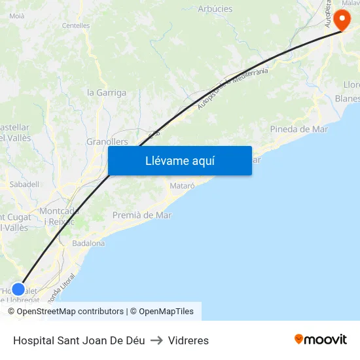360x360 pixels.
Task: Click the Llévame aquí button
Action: (180, 160)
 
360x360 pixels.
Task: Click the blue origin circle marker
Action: (18, 289)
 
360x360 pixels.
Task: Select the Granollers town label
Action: (107, 141)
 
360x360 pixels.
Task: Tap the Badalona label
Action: (88, 243)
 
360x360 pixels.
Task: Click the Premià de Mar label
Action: (142, 215)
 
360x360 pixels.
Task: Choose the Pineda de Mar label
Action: (299, 129)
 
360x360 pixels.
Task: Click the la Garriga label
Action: (107, 92)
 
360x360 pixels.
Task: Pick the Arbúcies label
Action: (215, 9)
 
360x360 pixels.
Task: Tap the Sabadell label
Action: (24, 185)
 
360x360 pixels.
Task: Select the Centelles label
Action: (75, 26)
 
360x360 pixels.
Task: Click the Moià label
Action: (17, 15)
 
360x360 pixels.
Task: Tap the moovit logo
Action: (321, 340)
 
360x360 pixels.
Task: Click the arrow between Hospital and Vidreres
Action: (156, 340)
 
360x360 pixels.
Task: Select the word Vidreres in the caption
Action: (189, 340)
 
